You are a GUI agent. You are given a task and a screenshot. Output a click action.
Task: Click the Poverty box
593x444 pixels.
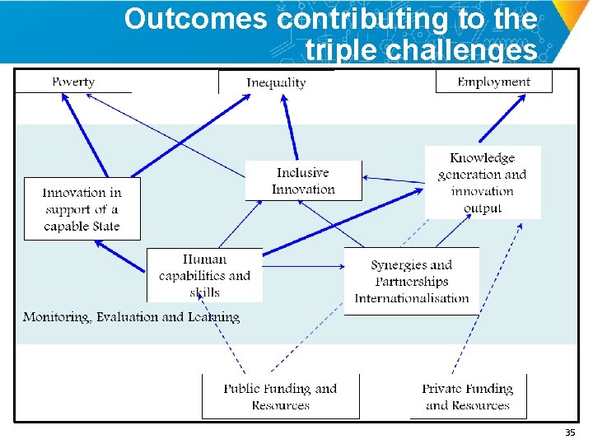click(73, 82)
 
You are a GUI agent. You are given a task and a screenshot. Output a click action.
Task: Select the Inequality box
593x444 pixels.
click(276, 82)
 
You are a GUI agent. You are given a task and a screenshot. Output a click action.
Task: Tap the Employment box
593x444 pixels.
click(493, 82)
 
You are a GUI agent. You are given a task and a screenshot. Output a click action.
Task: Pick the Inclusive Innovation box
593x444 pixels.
click(303, 180)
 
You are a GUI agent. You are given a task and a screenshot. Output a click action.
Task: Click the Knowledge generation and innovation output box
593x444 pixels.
click(483, 182)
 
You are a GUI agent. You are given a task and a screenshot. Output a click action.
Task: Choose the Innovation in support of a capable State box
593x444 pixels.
click(82, 209)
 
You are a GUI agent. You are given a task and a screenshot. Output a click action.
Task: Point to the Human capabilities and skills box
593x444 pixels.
click(204, 275)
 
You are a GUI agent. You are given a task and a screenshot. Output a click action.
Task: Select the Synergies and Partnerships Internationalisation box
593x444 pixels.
click(411, 281)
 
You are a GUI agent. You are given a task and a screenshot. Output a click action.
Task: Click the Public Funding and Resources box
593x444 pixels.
click(280, 396)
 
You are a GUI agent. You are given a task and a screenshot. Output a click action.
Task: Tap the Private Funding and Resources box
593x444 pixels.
click(467, 396)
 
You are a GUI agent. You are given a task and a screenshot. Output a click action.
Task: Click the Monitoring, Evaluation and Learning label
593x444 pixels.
click(131, 317)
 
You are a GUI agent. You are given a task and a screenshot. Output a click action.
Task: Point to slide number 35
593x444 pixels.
click(569, 432)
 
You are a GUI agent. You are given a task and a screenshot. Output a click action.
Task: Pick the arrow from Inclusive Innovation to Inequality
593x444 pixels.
click(290, 128)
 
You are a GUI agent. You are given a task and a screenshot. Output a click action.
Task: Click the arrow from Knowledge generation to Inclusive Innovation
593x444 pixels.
click(394, 180)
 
